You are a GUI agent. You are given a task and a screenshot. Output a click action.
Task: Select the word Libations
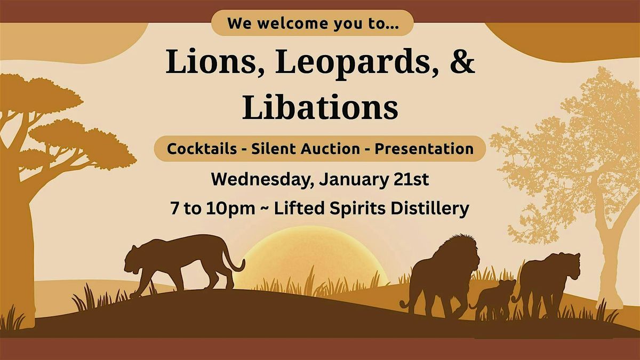point(320,107)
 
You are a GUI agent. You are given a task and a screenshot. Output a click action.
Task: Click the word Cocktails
point(202,149)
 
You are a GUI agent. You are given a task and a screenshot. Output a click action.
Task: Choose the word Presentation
point(424,149)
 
